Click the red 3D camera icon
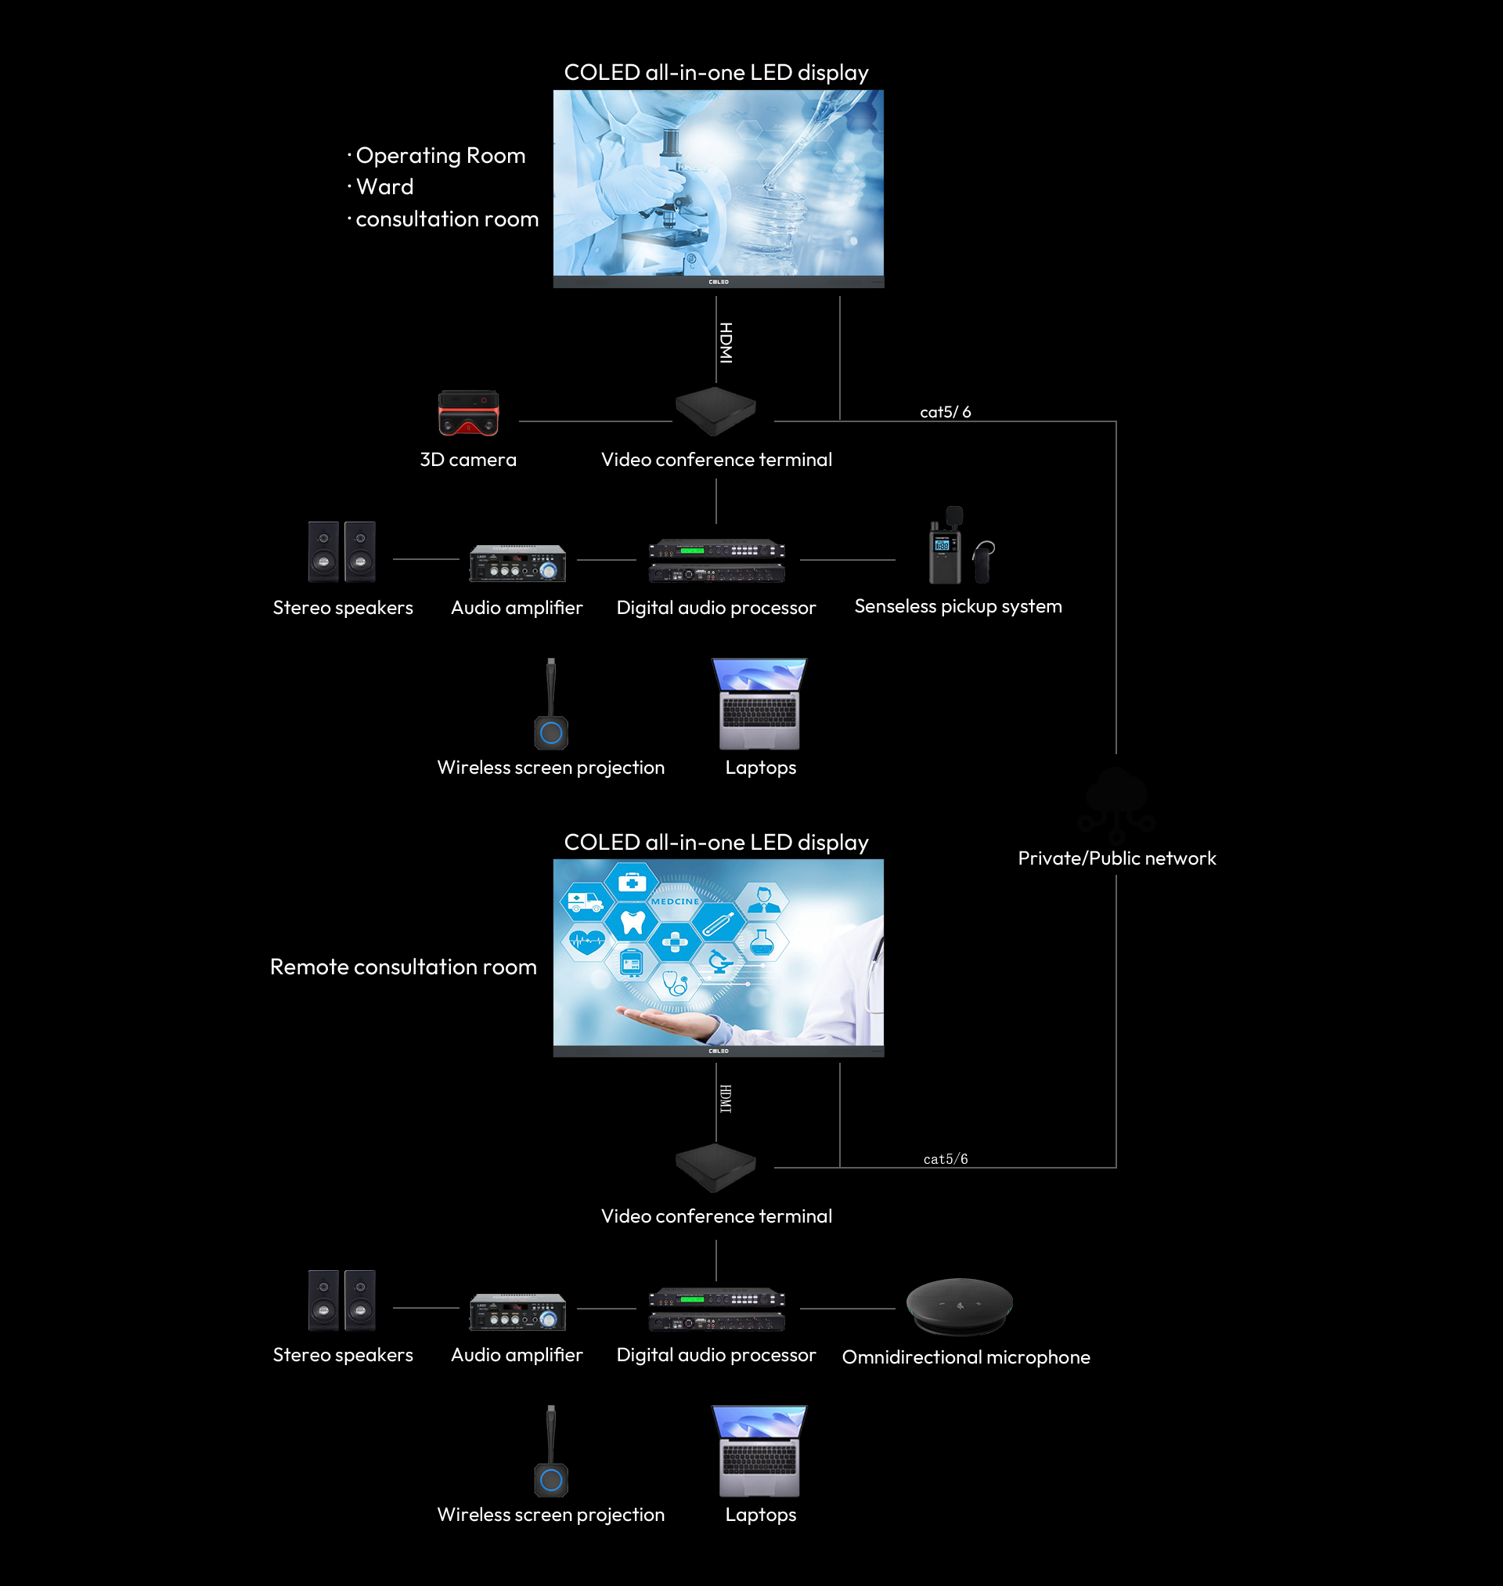pos(468,413)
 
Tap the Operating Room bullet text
pos(440,156)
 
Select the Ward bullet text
pos(384,186)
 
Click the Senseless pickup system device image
pos(959,547)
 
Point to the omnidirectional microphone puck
pos(959,1305)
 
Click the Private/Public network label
pos(1116,858)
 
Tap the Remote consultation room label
pos(403,966)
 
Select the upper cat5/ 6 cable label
pos(945,412)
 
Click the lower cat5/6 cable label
pos(945,1159)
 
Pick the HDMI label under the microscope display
pos(725,343)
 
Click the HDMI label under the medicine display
pos(725,1098)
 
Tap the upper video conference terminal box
pos(715,410)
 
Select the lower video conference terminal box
pos(715,1166)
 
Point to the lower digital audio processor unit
pos(716,1309)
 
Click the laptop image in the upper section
pos(759,703)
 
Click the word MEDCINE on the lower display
pos(675,901)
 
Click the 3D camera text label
pos(468,460)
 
